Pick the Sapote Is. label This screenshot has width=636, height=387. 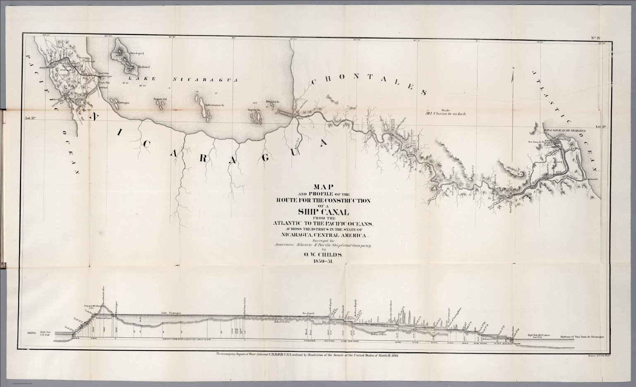[x=253, y=110]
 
